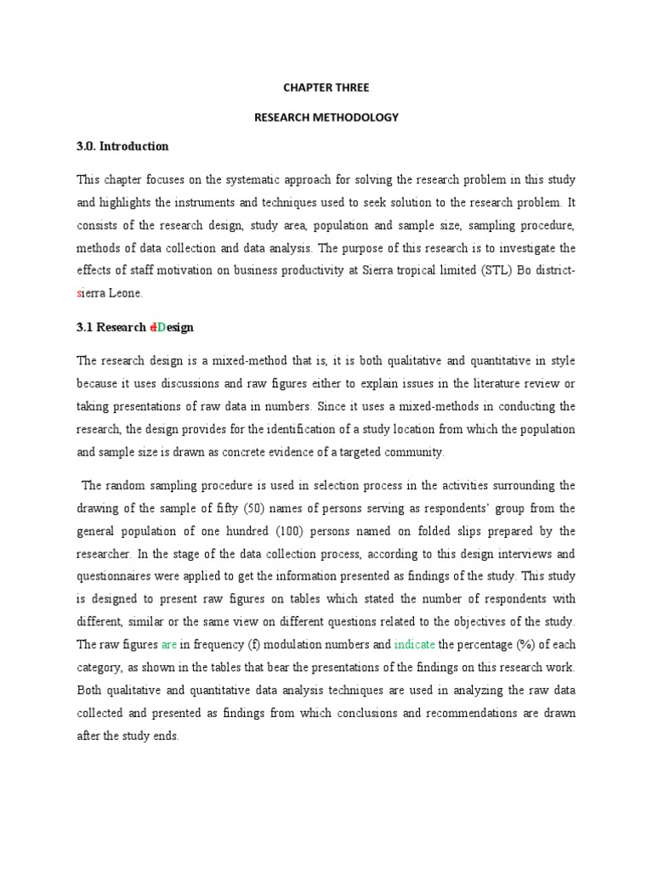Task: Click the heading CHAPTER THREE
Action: point(326,88)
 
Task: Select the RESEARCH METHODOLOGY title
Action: point(326,117)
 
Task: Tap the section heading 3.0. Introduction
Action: point(122,146)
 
